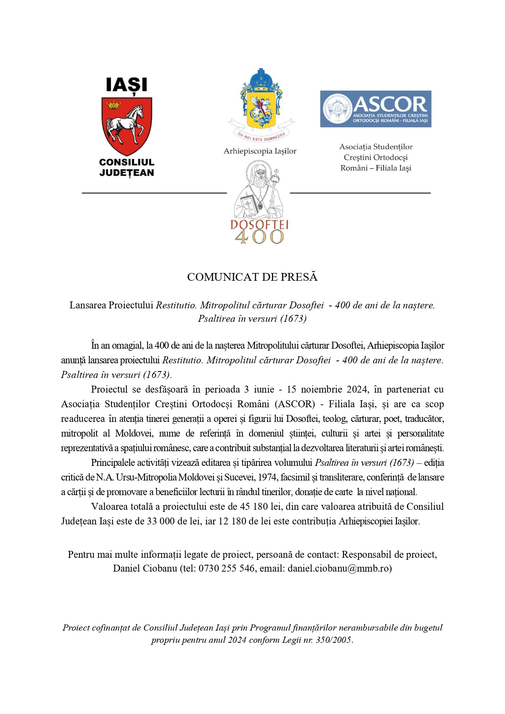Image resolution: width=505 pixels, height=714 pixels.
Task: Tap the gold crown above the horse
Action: coord(114,105)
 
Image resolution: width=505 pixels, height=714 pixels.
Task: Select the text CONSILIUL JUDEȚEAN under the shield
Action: coord(127,167)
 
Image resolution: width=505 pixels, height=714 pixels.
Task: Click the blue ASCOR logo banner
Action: coord(375,109)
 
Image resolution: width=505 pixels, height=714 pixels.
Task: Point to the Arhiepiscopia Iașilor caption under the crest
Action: coord(260,151)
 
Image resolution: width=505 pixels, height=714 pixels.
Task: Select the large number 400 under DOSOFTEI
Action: coord(259,237)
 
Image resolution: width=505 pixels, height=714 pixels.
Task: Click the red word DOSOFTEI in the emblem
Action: coord(259,225)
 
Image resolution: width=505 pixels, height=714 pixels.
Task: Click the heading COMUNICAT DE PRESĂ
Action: coord(252,277)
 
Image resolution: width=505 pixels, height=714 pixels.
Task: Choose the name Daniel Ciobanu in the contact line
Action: coord(145,568)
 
